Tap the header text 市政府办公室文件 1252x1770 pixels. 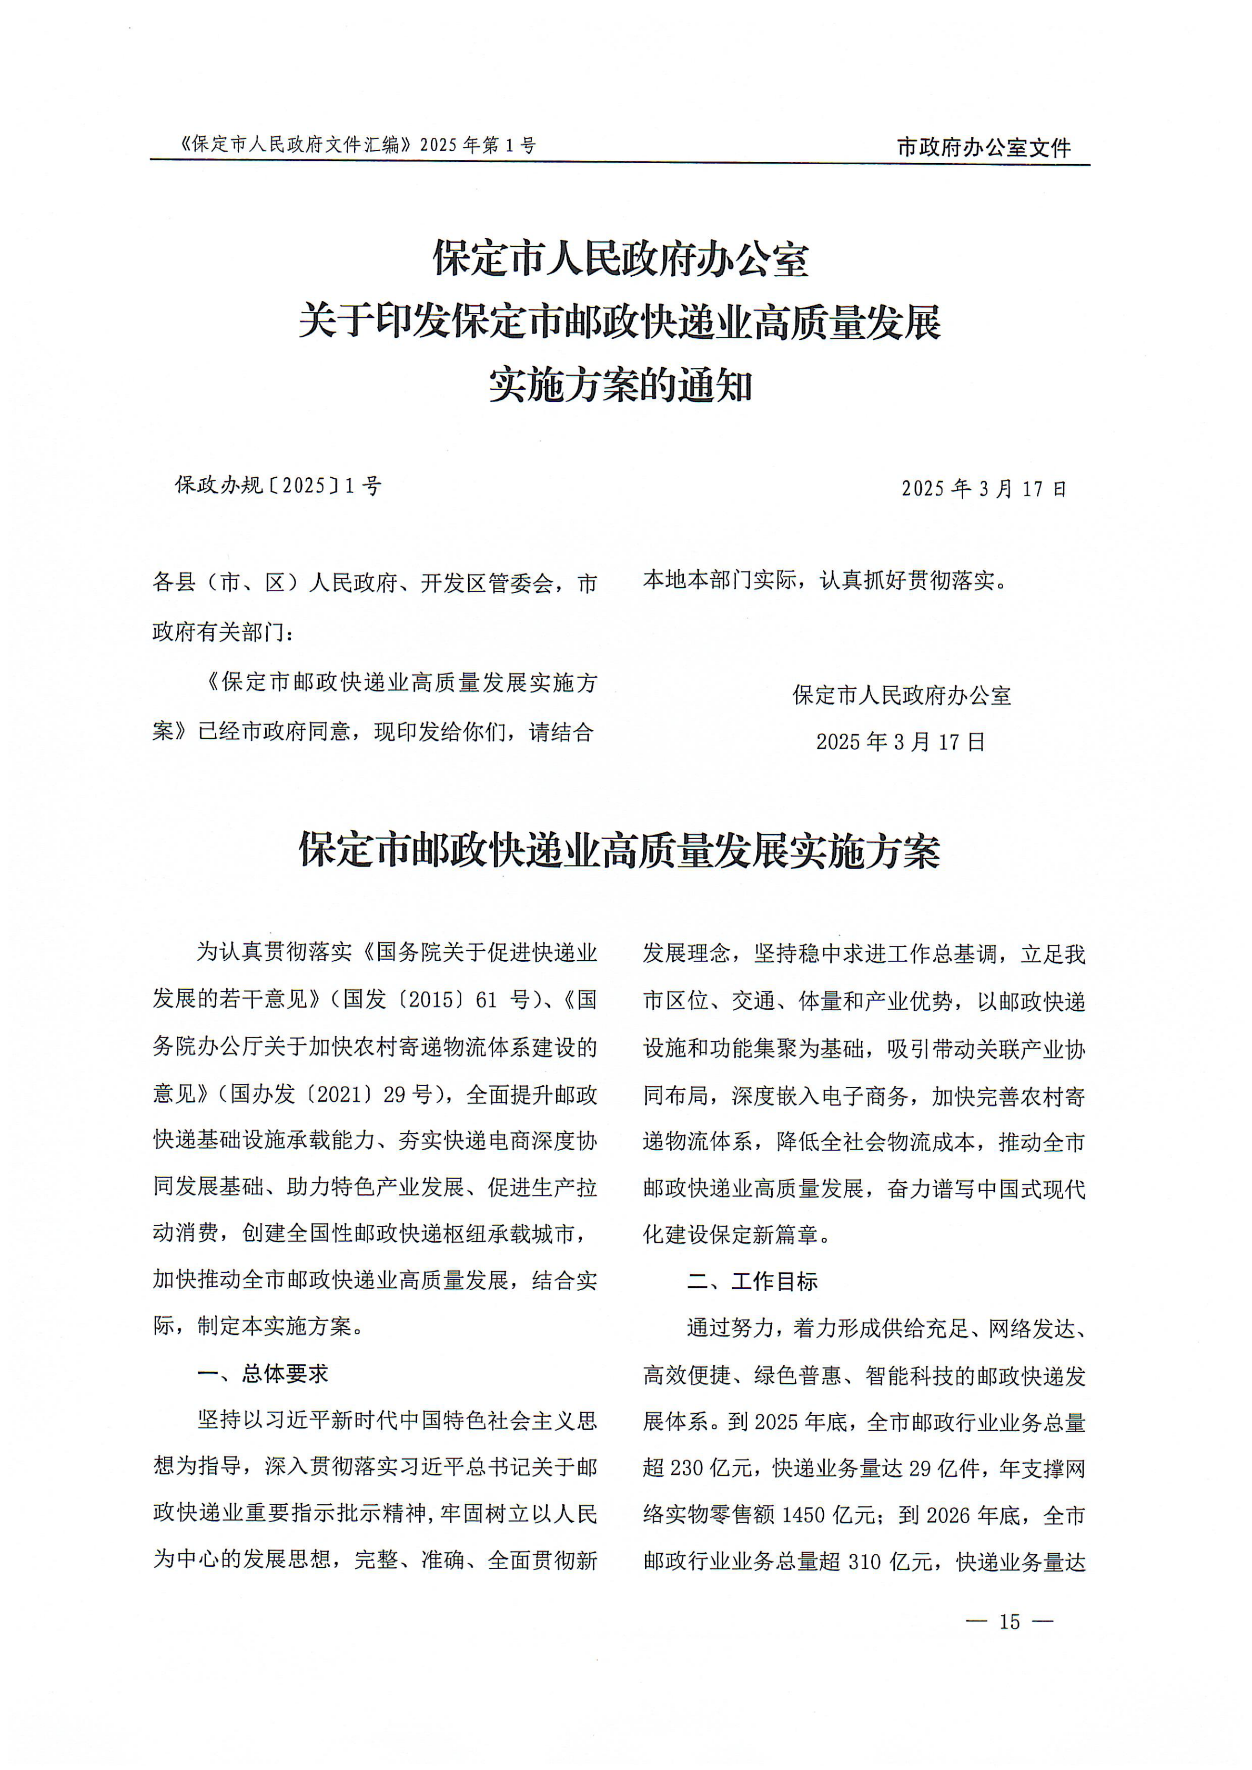coord(984,147)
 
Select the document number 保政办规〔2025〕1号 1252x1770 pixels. coord(278,486)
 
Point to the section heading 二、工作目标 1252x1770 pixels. coord(752,1281)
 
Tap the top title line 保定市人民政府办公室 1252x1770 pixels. coord(621,258)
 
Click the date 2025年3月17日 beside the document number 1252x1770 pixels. coord(984,489)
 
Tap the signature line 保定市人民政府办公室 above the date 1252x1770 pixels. coord(901,696)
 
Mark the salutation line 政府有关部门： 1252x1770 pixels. coord(224,632)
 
